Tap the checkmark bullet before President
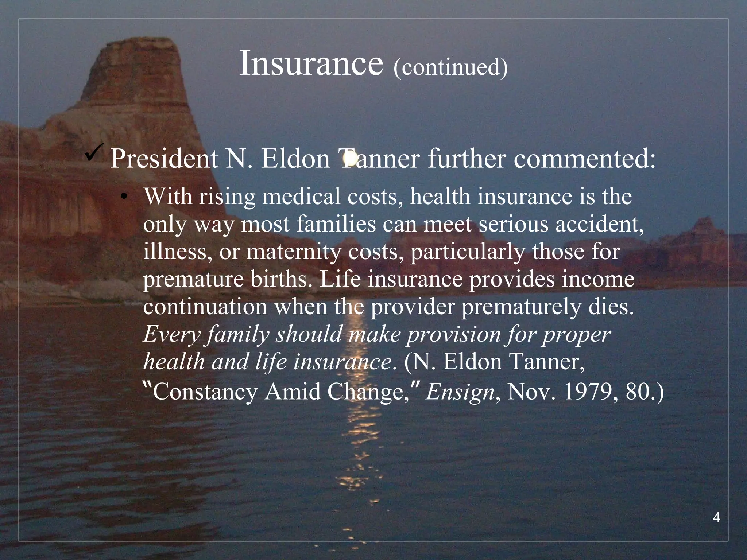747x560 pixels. click(94, 153)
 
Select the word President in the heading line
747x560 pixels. click(164, 159)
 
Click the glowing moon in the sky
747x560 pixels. click(350, 158)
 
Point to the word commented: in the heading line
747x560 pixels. click(584, 159)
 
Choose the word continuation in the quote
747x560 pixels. click(205, 307)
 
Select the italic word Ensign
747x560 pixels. click(460, 392)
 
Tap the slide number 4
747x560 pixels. click(716, 518)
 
